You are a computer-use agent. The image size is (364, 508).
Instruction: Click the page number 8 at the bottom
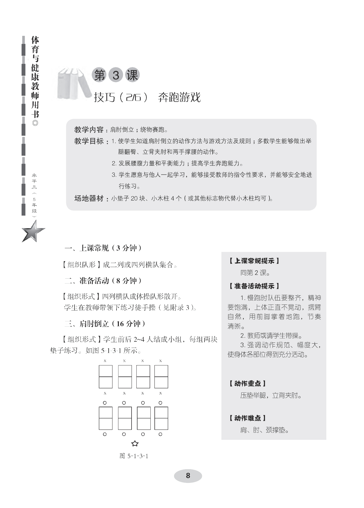188,475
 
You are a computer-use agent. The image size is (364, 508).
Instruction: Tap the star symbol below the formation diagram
135,443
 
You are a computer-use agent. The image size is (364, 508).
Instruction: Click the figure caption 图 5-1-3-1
134,456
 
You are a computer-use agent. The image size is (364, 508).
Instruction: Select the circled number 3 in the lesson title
116,75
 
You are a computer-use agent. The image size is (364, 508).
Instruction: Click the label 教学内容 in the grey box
89,130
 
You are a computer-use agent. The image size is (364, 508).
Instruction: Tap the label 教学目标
89,141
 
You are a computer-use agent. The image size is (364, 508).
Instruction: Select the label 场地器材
89,199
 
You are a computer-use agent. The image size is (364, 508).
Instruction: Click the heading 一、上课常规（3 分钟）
103,248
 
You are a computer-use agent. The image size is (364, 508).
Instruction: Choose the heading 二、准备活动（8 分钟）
103,281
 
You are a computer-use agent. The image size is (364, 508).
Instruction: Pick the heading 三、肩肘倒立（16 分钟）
105,323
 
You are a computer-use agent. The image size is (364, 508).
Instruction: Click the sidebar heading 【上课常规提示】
254,261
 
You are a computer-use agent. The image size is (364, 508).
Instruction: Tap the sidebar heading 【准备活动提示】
254,286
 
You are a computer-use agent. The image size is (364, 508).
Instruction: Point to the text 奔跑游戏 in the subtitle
179,97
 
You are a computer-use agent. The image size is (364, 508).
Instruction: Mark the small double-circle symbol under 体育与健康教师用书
35,123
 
